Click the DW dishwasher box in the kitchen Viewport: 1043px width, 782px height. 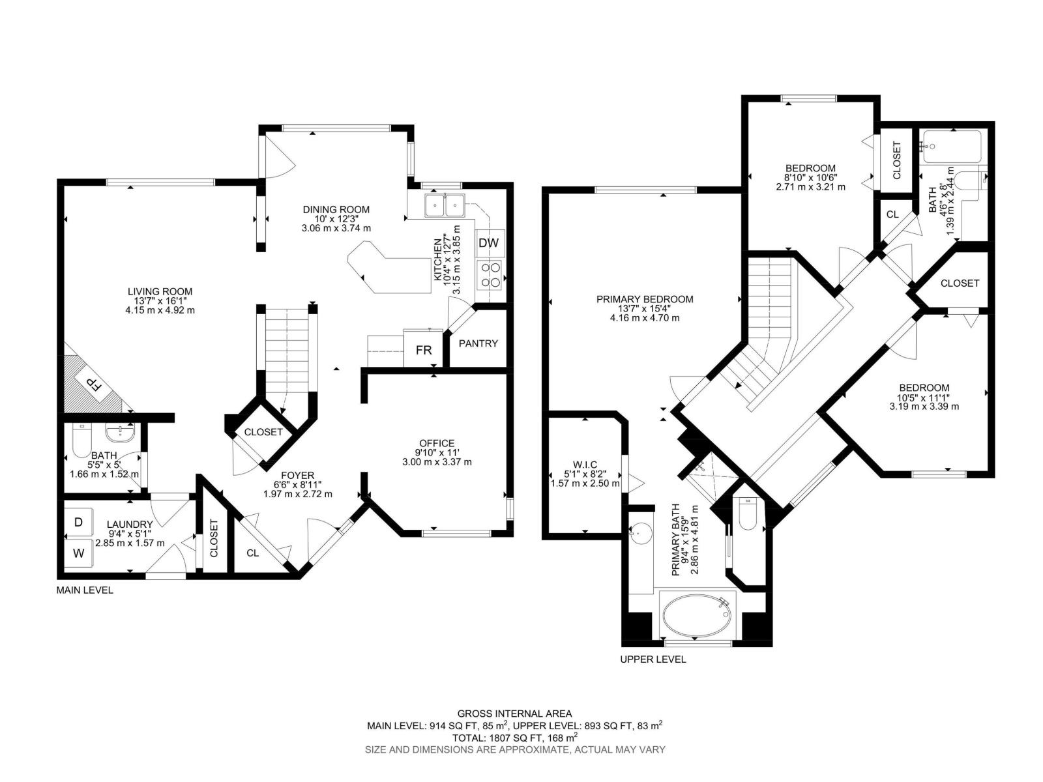click(488, 243)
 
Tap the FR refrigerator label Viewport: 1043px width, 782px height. click(424, 350)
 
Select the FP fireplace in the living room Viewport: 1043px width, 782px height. click(94, 384)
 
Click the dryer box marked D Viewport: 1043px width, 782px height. click(79, 522)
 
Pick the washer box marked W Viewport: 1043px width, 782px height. click(79, 554)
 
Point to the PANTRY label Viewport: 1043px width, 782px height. click(478, 343)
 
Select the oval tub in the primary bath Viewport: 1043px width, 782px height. click(697, 616)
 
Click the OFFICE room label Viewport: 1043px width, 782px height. click(437, 443)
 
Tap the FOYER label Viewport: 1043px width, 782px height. click(297, 475)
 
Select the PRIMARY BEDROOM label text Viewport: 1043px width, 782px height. click(645, 299)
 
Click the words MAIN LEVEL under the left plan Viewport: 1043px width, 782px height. click(85, 590)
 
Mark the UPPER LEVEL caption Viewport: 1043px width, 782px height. click(653, 659)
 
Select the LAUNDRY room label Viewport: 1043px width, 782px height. click(130, 524)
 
